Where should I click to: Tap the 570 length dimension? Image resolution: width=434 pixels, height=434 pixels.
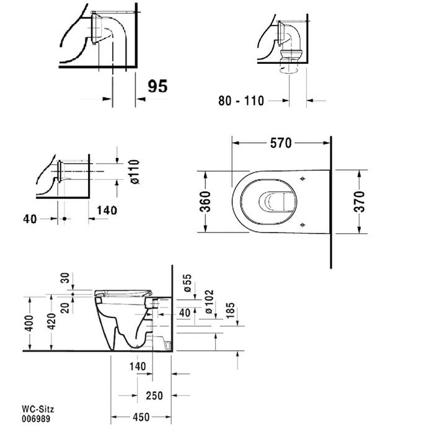pyautogui.click(x=280, y=143)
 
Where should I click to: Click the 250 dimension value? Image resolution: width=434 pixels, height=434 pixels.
pyautogui.click(x=154, y=396)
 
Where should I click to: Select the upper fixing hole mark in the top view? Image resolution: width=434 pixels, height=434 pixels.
pyautogui.click(x=301, y=179)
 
